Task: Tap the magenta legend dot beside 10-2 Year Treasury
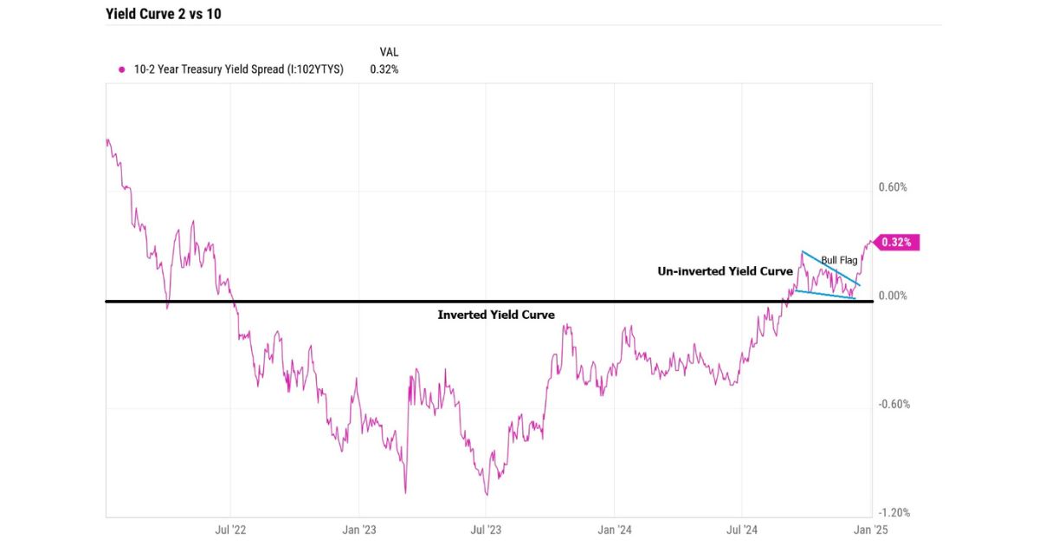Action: (121, 70)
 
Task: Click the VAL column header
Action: (390, 52)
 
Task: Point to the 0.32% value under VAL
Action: (384, 70)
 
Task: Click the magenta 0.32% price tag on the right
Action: (896, 243)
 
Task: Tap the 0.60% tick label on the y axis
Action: (892, 187)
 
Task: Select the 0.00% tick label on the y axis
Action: (892, 296)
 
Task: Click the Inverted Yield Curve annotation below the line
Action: (496, 315)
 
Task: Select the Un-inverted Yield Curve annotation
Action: (726, 271)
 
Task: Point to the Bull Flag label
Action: (839, 260)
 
